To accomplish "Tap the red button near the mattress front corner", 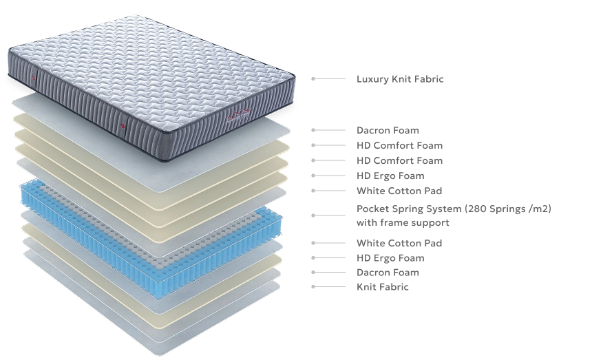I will point(123,127).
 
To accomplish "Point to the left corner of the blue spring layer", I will point(23,196).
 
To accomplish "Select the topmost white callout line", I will point(327,79).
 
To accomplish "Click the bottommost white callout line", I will point(327,284).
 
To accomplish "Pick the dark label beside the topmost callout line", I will point(399,79).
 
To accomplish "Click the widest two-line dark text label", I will point(451,215).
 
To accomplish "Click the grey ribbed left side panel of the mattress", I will point(69,100).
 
